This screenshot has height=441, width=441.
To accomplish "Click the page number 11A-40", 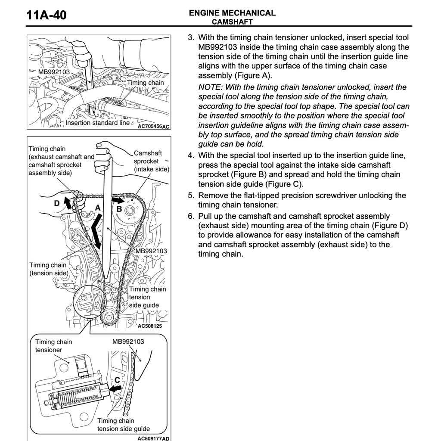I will point(47,16).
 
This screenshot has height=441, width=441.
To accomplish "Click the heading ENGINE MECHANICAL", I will point(232,13).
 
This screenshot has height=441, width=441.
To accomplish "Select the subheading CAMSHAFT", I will point(232,22).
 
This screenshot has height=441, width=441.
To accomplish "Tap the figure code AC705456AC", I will point(153,127).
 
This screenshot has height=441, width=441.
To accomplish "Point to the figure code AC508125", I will point(149,326).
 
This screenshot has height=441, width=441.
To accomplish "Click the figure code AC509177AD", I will point(153,438).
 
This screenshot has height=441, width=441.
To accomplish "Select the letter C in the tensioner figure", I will point(117,380).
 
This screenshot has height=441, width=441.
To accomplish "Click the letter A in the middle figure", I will point(98,208).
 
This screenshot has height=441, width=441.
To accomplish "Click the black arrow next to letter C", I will point(115,388).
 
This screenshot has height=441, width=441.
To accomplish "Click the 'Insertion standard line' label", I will point(97,123).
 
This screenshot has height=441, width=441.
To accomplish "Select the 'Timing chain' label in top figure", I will point(145,83).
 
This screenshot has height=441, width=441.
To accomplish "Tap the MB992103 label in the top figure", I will point(54,72).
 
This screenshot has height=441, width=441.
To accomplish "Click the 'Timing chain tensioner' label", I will point(53,346).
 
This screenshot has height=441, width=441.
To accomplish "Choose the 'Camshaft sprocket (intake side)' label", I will point(151,161).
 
